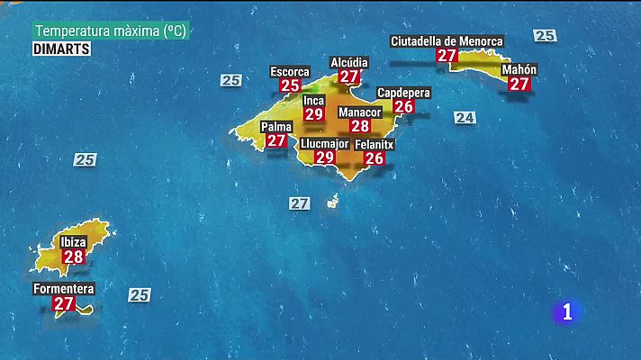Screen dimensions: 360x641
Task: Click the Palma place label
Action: pos(276,127)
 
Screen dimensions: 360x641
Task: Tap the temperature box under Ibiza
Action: pos(74,256)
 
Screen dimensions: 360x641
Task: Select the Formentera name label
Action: pos(63,289)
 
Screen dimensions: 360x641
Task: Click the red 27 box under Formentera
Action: pos(63,304)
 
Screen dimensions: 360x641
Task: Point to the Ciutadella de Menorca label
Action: pos(447,40)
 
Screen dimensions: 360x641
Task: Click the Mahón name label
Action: pos(519,69)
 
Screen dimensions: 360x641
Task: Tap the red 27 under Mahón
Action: pos(519,84)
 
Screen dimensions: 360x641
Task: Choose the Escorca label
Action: pos(290,71)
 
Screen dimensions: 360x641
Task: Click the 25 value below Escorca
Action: pos(290,85)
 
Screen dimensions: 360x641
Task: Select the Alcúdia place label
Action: pos(348,62)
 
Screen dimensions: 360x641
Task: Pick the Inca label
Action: pos(313,100)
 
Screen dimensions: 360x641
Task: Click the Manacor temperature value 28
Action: pos(360,126)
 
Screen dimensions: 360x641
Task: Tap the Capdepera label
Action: pos(403,93)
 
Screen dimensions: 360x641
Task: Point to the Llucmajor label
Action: pos(324,143)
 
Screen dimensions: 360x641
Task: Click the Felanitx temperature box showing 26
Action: pos(374,157)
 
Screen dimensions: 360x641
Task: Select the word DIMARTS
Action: pos(61,49)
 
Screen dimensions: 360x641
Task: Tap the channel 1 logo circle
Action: pos(566,311)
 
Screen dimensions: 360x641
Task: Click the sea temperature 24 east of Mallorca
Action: pos(465,118)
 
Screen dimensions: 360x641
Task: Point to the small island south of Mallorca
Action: pos(332,201)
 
